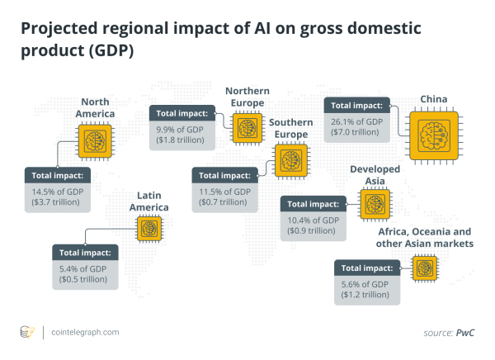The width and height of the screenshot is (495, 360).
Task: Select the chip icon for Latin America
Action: click(x=149, y=227)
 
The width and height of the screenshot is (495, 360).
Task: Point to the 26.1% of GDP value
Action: click(x=352, y=122)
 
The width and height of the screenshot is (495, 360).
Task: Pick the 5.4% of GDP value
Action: click(x=82, y=269)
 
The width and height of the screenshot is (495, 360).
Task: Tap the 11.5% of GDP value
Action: click(x=220, y=192)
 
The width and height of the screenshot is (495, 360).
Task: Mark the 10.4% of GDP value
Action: click(x=311, y=220)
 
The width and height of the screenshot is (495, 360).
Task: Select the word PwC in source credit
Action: click(x=466, y=332)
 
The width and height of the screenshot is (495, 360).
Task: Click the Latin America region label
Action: click(x=149, y=201)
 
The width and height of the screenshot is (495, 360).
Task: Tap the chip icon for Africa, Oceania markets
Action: click(x=425, y=266)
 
